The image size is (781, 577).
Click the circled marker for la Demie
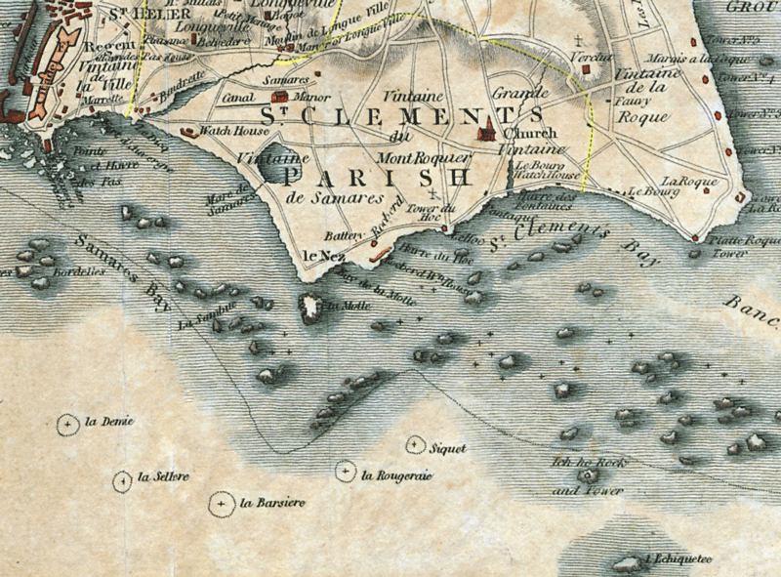(x=68, y=424)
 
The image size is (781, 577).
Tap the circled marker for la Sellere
(x=122, y=480)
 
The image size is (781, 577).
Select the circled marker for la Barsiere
(x=222, y=504)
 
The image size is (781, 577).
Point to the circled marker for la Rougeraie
(x=345, y=473)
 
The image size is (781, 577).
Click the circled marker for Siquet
(x=415, y=445)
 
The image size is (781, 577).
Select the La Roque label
(x=689, y=182)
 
